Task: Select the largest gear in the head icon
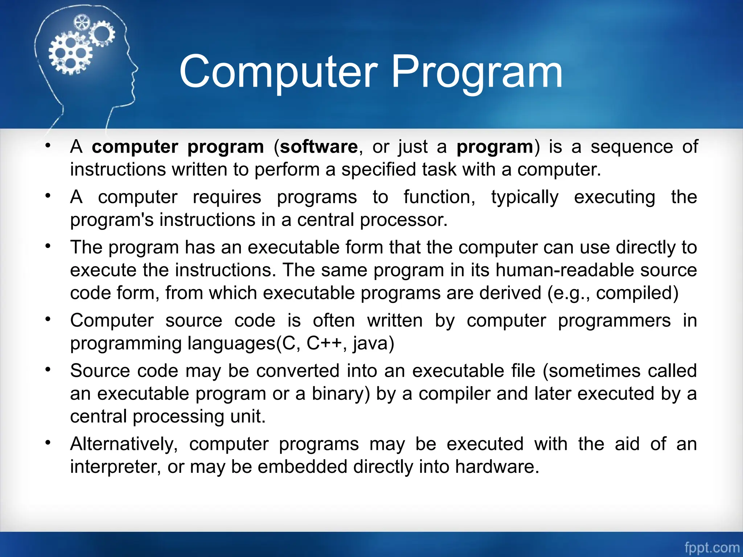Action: click(70, 53)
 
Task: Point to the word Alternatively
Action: click(123, 444)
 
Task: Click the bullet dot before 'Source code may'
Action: click(48, 370)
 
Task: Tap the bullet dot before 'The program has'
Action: click(48, 246)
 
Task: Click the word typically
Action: click(525, 198)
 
